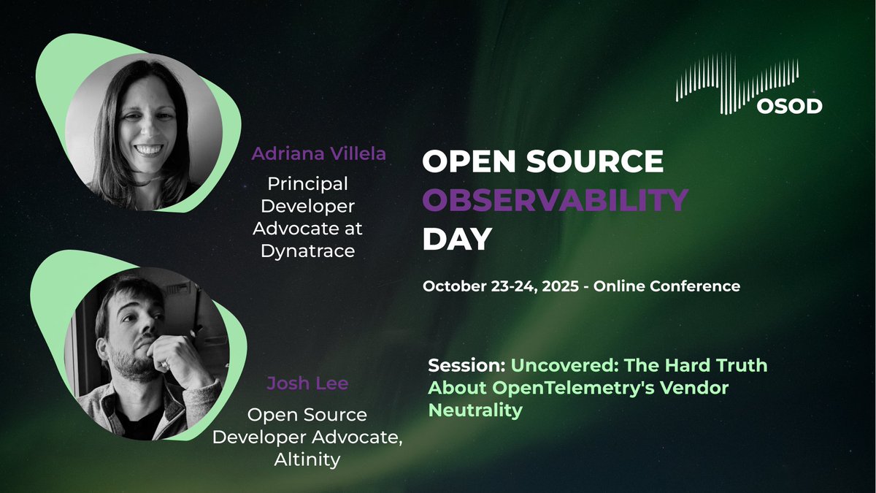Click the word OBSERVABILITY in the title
pos(556,199)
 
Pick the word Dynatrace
pos(307,251)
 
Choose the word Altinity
pos(307,461)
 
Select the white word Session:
pos(466,364)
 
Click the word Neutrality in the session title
pos(475,410)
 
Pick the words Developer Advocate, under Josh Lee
pos(307,437)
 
